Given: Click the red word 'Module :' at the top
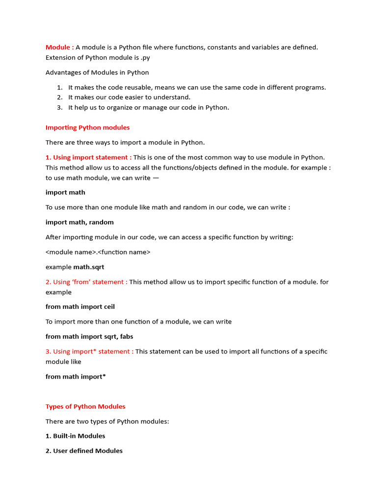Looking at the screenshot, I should click(59, 47).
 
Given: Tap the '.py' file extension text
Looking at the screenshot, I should click(144, 57).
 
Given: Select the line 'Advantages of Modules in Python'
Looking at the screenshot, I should click(97, 73).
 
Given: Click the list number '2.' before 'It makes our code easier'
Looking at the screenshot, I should click(59, 98).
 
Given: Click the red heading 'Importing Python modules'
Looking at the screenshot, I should click(87, 127).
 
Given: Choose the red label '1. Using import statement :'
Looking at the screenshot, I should click(88, 157).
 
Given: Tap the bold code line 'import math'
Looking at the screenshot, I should click(65, 192).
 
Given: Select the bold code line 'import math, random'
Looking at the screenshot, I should click(80, 222).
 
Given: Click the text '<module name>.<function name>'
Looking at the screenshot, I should click(98, 252).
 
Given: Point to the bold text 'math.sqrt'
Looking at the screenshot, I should click(88, 267).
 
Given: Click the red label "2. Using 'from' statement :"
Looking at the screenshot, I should click(86, 282).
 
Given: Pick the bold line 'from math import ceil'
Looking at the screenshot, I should click(80, 306).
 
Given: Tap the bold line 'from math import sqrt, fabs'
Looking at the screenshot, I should click(89, 336).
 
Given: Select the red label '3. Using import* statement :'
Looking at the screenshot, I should click(89, 351).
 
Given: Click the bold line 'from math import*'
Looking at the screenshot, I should click(76, 376).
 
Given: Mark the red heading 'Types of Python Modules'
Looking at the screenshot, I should click(85, 406).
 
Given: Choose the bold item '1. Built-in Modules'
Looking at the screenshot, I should click(75, 436).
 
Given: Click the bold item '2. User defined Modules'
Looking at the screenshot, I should click(84, 451).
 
